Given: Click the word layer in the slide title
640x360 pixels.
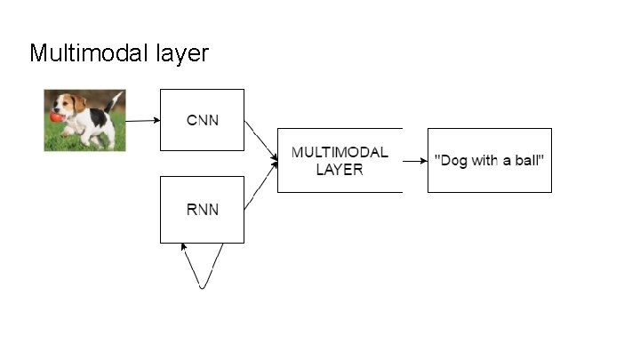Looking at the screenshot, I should point(183,54).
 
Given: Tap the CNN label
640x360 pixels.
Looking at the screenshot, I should point(201,120).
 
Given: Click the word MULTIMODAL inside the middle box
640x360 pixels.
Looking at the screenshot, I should point(340,152).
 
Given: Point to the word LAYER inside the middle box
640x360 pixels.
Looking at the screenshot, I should point(340,169).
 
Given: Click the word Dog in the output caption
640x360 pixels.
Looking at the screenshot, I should point(452,160).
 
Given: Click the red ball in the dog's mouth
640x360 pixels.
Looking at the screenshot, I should point(56,116).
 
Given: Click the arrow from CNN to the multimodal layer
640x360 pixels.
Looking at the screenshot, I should point(259,140).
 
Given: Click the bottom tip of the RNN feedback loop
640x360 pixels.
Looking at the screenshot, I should point(203,287).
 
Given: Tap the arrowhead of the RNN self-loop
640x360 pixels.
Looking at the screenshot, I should point(184,246).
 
